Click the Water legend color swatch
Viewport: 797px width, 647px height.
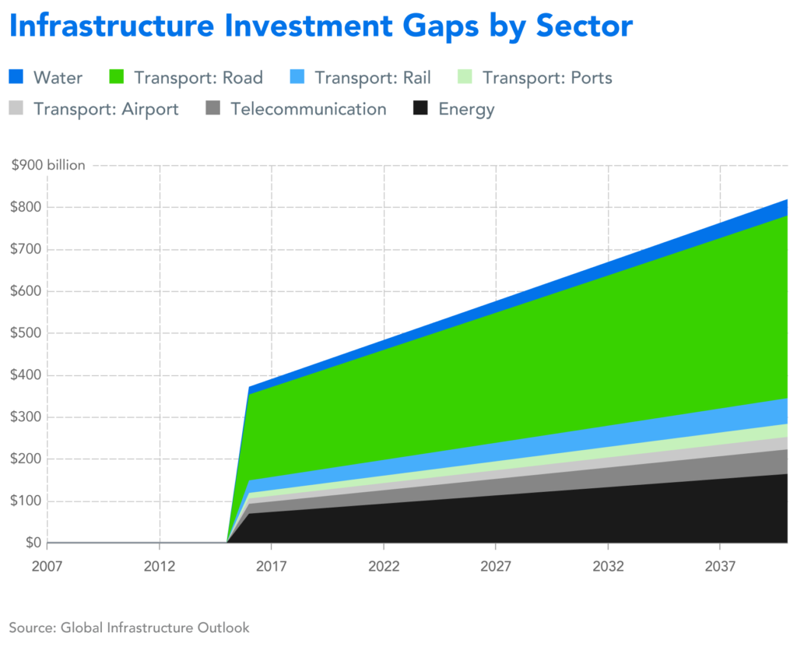point(16,77)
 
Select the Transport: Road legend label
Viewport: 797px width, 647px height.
point(198,78)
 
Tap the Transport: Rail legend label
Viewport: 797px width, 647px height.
point(372,78)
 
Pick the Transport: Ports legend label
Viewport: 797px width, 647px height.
point(547,78)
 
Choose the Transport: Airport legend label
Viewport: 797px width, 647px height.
point(106,109)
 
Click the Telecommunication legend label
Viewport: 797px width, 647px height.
point(308,109)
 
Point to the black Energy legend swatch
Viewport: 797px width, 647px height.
point(420,109)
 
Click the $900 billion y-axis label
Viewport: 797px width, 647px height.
point(48,165)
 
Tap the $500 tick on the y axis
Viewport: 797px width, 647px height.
point(26,333)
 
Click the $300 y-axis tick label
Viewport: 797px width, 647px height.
point(26,417)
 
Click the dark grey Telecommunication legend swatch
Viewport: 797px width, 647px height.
point(212,109)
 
